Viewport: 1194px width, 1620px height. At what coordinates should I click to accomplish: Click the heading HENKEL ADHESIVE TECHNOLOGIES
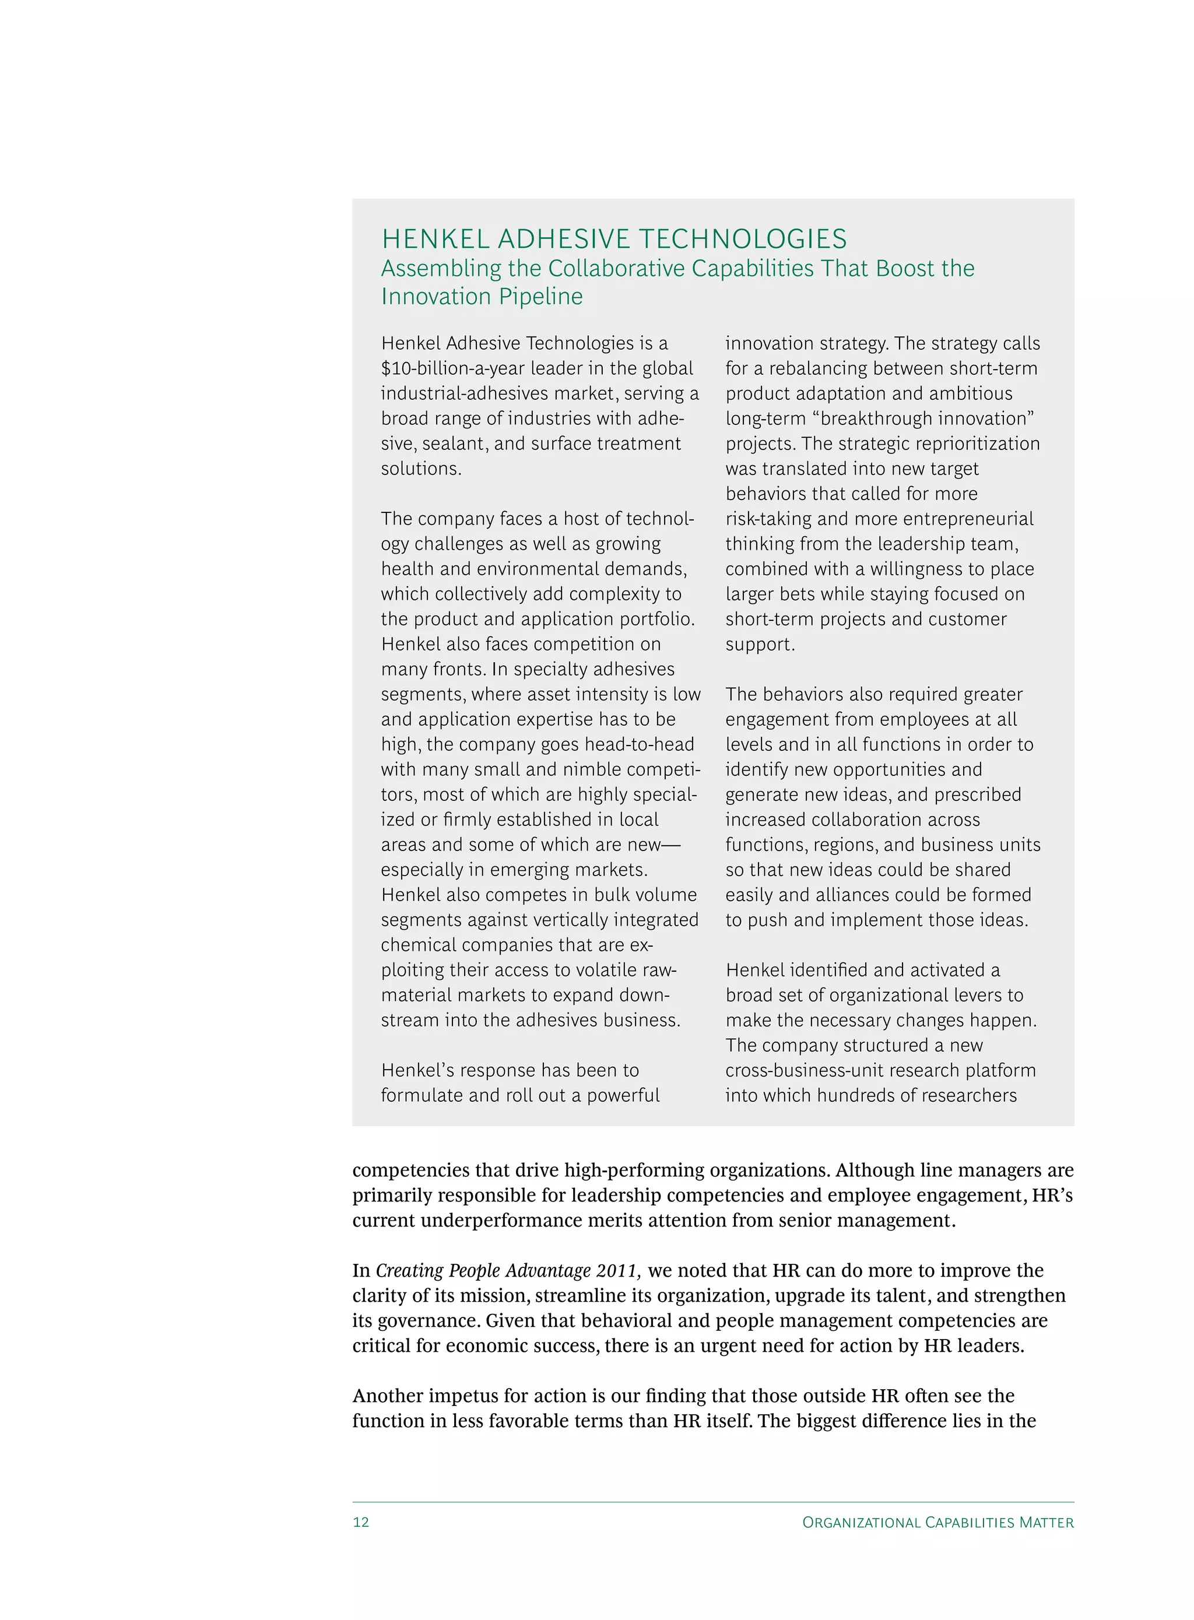[614, 239]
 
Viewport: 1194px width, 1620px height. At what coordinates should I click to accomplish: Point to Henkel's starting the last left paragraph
[417, 1070]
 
